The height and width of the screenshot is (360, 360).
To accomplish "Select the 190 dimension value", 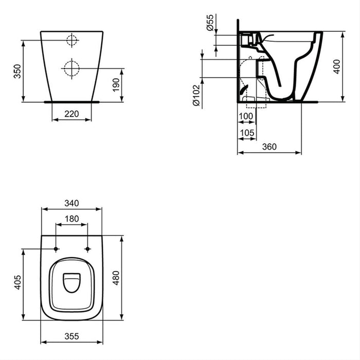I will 116,84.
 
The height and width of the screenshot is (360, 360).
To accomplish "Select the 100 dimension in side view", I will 246,116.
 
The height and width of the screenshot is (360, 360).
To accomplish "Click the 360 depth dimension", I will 269,147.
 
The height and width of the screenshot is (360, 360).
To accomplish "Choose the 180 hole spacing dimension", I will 71,219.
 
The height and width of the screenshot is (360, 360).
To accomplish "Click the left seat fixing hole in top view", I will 56,249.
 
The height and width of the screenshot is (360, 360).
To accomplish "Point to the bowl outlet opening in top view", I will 71,282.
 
